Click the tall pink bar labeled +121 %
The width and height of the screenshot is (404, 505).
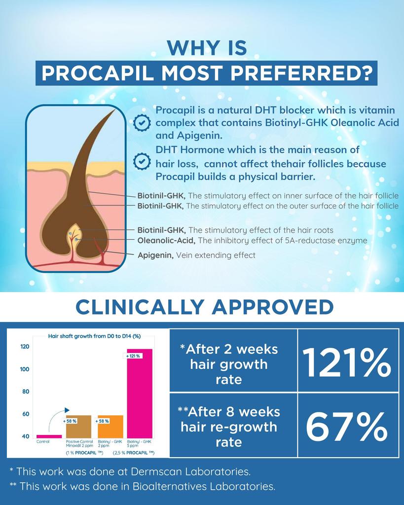[x=140, y=395]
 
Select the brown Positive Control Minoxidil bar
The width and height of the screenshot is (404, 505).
[x=78, y=427]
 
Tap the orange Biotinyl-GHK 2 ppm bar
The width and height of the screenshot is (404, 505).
[x=110, y=427]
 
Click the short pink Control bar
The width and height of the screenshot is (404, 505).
[x=49, y=436]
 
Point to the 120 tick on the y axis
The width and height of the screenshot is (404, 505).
[x=24, y=347]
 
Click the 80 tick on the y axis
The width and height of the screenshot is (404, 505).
[x=25, y=392]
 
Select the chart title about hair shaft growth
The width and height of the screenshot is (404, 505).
[x=94, y=336]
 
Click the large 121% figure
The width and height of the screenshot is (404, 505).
[x=347, y=363]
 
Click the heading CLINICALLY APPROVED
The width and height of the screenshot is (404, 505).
[x=204, y=307]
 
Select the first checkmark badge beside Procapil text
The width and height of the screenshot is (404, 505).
[x=142, y=122]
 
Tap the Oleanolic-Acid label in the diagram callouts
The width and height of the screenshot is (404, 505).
[x=166, y=241]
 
